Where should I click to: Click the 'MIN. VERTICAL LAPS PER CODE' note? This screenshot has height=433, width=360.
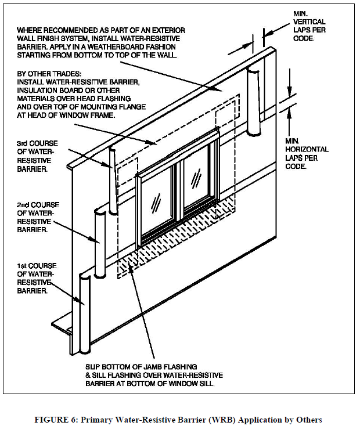[x=308, y=26]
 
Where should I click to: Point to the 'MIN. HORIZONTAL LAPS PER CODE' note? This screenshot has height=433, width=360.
[x=307, y=153]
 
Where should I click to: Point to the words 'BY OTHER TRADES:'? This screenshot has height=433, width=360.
[x=52, y=75]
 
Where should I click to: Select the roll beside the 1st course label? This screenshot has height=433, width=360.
[x=85, y=313]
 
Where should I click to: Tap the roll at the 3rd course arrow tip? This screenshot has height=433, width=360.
[x=113, y=180]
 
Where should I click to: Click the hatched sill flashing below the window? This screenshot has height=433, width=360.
[x=174, y=244]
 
